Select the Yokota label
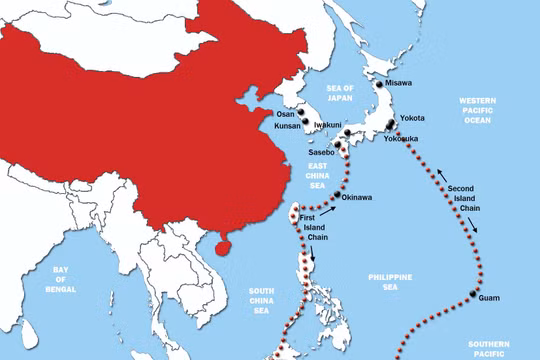[412, 118]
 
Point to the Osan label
[286, 114]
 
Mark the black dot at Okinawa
[338, 197]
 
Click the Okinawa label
[358, 197]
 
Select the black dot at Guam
[471, 293]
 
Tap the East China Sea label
[318, 176]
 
